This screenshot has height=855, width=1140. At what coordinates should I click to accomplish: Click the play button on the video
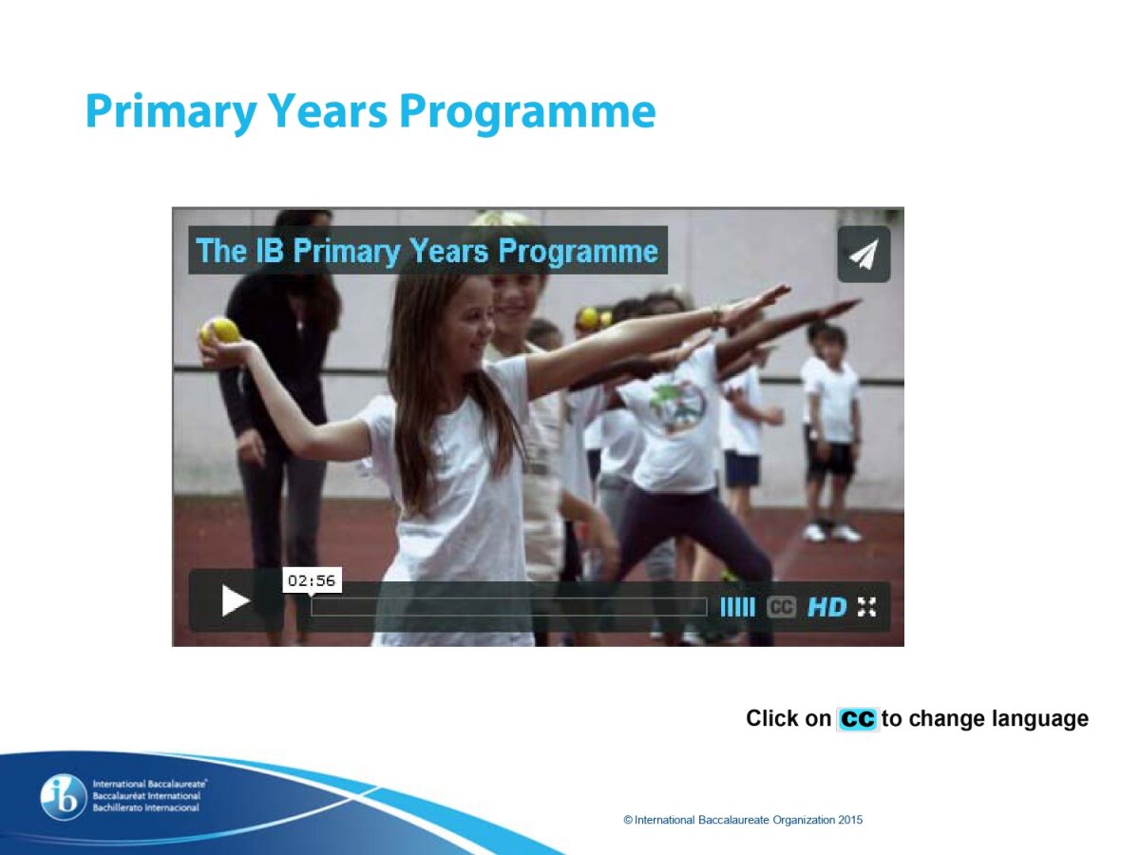[236, 600]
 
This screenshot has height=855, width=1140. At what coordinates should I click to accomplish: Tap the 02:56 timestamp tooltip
[312, 580]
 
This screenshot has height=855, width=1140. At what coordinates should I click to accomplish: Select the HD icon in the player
[826, 606]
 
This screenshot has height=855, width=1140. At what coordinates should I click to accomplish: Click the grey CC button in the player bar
[781, 606]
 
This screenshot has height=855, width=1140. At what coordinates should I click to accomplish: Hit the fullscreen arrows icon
[866, 606]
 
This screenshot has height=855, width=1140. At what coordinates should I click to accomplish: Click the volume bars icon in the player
[737, 606]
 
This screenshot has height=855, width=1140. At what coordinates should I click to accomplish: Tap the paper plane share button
[864, 254]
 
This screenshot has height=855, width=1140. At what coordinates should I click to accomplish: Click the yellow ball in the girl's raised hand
[223, 331]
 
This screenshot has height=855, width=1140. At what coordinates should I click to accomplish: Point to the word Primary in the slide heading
[171, 112]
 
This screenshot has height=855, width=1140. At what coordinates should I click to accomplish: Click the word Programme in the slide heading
[527, 112]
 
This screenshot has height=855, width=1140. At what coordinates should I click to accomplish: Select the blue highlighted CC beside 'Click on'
[858, 719]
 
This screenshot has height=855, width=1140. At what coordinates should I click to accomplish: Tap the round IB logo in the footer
[64, 798]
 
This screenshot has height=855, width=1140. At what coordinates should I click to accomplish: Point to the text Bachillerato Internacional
[146, 807]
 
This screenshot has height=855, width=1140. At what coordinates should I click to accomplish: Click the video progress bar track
[509, 606]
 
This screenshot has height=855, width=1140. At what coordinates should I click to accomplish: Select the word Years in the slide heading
[329, 112]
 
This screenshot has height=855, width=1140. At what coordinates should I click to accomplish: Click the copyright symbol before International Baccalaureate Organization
[628, 820]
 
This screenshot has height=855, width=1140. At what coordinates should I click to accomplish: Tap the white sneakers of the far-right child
[831, 533]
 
